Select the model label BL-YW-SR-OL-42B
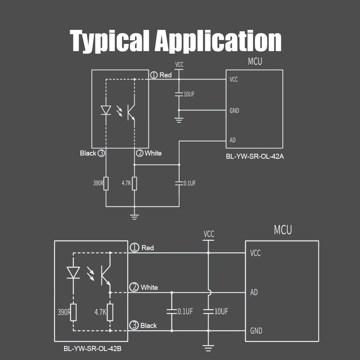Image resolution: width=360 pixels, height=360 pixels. pyautogui.click(x=93, y=348)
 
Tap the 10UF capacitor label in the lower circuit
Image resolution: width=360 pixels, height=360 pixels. pyautogui.click(x=221, y=311)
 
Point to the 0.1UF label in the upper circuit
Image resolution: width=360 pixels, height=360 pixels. pyautogui.click(x=189, y=183)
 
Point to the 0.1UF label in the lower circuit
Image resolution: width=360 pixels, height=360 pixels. pyautogui.click(x=185, y=311)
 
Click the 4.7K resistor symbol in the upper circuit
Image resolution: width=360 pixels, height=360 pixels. pyautogui.click(x=134, y=183)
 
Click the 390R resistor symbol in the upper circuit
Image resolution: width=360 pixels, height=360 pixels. pyautogui.click(x=106, y=183)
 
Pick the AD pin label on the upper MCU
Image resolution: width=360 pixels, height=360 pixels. pyautogui.click(x=233, y=140)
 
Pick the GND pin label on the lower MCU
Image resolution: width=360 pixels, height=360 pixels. pyautogui.click(x=256, y=330)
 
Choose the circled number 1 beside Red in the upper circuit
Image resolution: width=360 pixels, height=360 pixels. pyautogui.click(x=154, y=75)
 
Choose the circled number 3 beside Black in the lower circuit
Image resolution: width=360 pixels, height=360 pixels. pyautogui.click(x=134, y=325)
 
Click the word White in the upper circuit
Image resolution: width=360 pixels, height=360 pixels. pyautogui.click(x=153, y=153)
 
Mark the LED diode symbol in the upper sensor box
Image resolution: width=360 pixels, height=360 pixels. pyautogui.click(x=106, y=110)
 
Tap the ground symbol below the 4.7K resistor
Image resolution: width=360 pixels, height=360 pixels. pyautogui.click(x=134, y=216)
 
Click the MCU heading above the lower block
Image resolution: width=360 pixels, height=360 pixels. pyautogui.click(x=283, y=230)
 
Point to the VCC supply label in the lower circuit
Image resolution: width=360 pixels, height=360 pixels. pyautogui.click(x=208, y=234)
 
